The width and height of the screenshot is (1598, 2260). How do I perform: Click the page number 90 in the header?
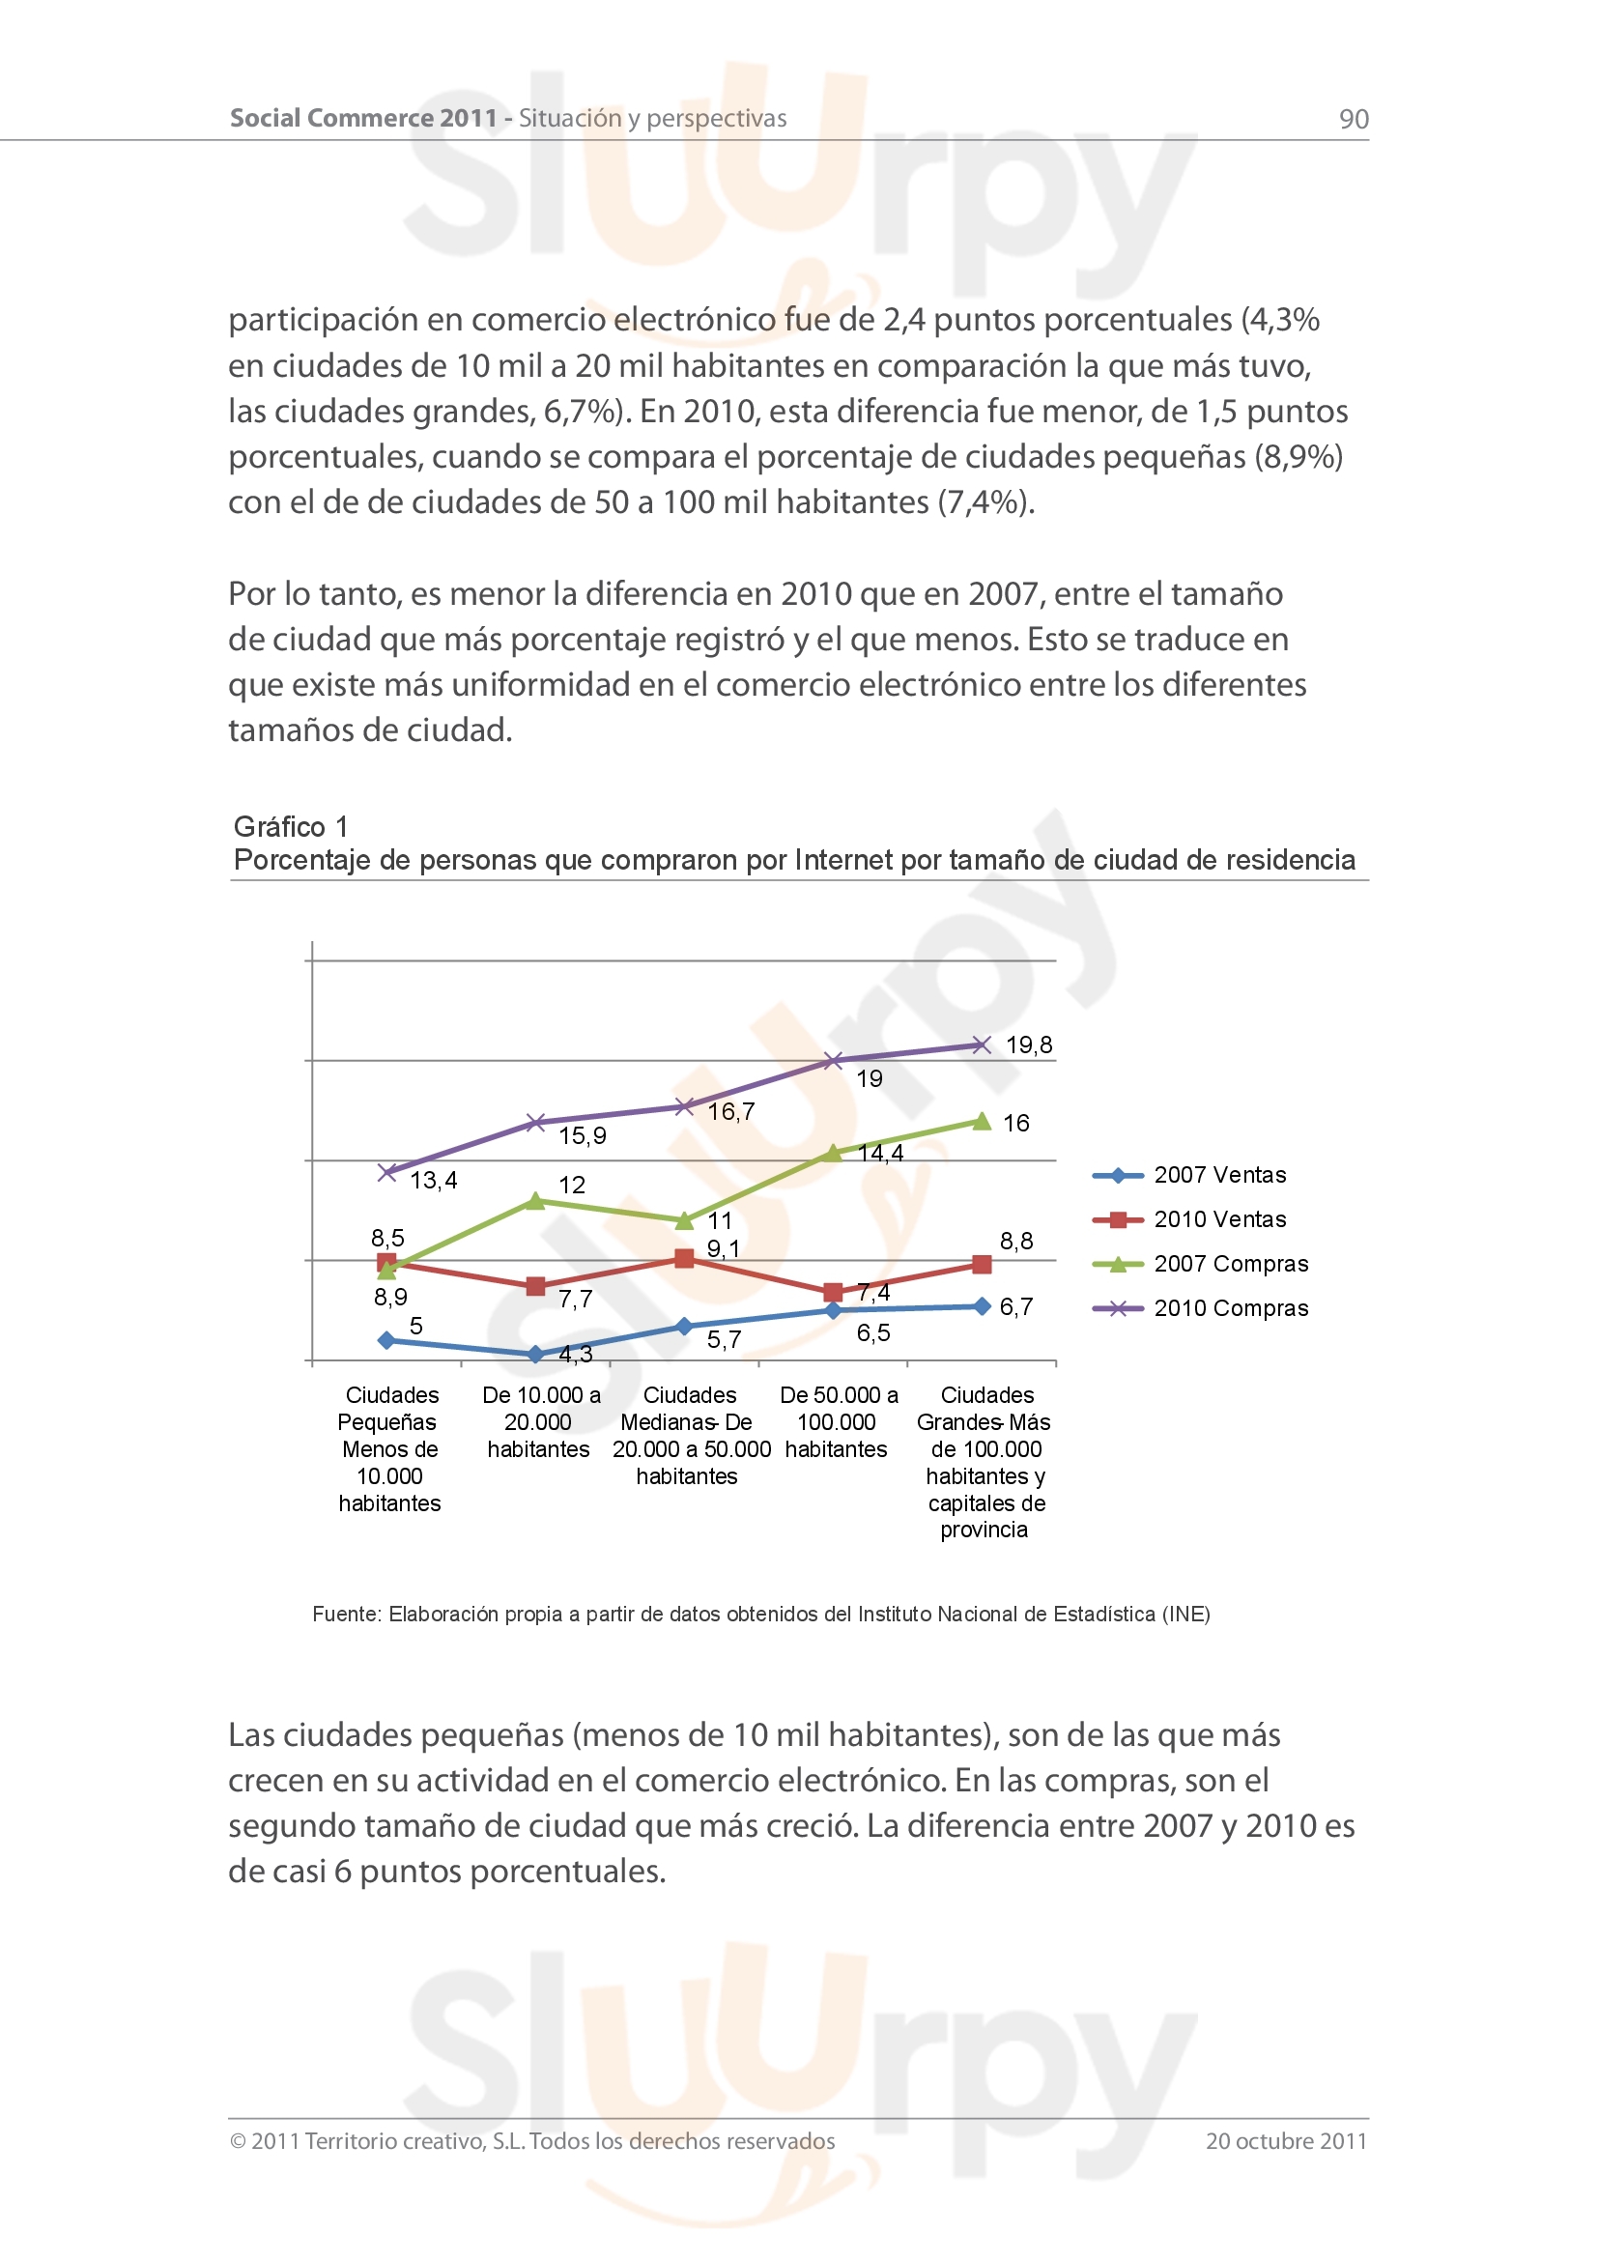[1353, 119]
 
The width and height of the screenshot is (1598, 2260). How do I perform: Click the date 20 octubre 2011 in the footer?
[1286, 2141]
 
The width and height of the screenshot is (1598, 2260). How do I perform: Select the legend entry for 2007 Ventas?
[1219, 1175]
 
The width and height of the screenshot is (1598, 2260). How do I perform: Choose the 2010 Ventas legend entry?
[1219, 1219]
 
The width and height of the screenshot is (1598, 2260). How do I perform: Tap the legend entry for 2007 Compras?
[1230, 1264]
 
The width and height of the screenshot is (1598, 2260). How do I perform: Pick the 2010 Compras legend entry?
[1230, 1308]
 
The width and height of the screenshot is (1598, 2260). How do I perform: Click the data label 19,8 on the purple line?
[1028, 1045]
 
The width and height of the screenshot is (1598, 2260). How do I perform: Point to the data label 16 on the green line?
[1015, 1123]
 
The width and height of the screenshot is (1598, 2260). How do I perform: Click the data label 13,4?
[433, 1180]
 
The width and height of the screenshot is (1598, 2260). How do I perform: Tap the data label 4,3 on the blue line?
[576, 1355]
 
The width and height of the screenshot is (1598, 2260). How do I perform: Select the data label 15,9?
[583, 1136]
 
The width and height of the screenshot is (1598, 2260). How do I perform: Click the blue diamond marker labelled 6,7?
[981, 1306]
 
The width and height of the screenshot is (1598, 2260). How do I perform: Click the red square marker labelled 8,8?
[981, 1264]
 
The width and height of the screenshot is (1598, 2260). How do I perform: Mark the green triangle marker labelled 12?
[535, 1201]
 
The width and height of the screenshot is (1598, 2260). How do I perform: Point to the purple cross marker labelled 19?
[833, 1060]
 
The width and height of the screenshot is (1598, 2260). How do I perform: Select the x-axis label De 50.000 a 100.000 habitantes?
[838, 1421]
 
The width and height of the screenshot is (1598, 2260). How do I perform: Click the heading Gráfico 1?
[290, 827]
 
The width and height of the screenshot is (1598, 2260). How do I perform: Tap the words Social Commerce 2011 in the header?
[363, 118]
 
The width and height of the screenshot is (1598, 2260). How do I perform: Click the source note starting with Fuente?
[760, 1615]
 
